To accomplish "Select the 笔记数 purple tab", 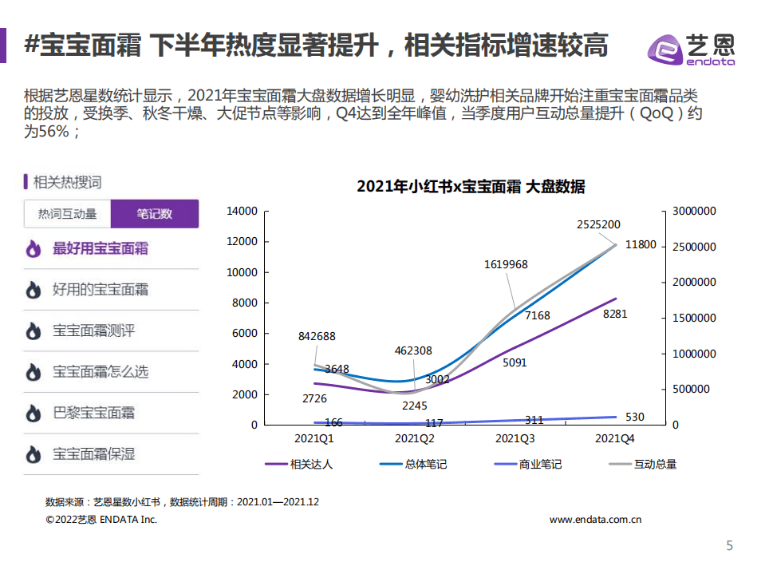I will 155,214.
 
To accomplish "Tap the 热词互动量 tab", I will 68,214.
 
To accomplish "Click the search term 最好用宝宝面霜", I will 101,248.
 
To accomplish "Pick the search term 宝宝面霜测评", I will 94,331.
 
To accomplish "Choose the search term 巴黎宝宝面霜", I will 94,413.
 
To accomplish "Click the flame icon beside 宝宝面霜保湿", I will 33,454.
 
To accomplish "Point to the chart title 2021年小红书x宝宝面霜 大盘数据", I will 471,187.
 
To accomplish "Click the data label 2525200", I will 598,224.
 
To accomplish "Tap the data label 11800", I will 641,245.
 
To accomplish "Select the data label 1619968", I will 506,264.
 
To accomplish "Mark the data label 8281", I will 615,314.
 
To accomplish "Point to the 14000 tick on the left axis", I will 243,212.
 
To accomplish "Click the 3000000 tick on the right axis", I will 693,212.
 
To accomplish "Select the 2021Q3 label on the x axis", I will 515,439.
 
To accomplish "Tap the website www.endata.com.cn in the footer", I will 596,520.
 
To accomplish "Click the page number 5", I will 728,546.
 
